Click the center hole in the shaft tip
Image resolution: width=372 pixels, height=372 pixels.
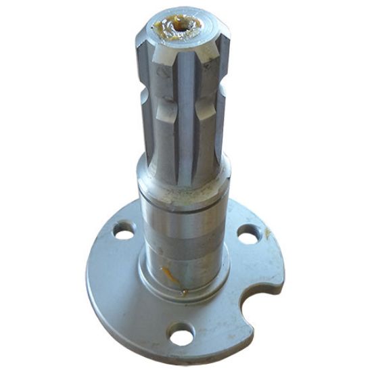183,26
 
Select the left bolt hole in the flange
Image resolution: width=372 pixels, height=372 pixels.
123,234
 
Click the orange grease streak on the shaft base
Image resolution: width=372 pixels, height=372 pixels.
169,276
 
